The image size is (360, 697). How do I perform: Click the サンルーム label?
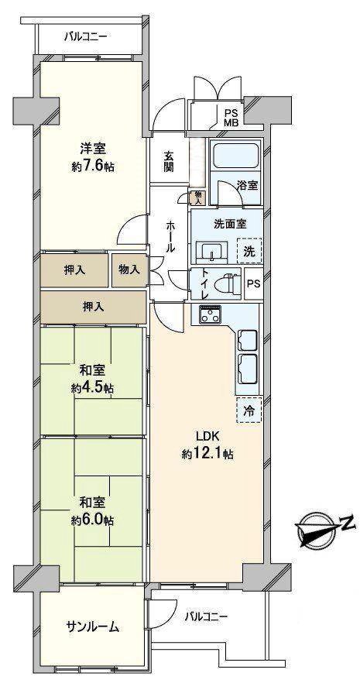point(92,627)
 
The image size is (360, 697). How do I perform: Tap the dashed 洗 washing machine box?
point(249,250)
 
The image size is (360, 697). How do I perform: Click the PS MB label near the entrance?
point(231,117)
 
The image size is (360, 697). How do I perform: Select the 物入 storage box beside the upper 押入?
point(129,270)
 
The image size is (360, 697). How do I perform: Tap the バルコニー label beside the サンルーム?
point(206,616)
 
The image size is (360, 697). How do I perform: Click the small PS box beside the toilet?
point(252,283)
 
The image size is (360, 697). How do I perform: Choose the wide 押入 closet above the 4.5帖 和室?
point(93,307)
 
